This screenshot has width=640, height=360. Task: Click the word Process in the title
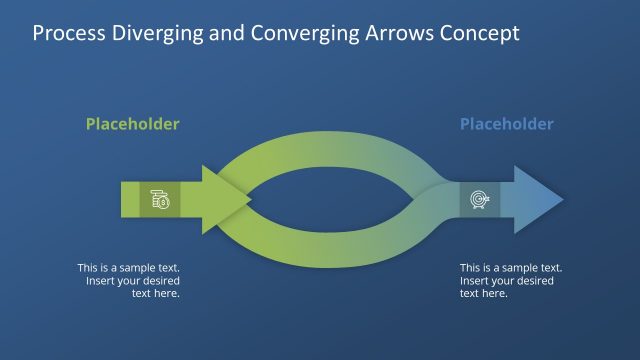[x=69, y=33]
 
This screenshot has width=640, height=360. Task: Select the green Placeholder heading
[x=133, y=125]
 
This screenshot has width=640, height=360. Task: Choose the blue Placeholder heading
[x=506, y=125]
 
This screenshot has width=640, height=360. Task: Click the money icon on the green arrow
[x=160, y=200]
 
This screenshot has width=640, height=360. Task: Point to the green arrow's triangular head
[x=222, y=200]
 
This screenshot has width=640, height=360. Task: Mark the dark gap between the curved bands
[x=330, y=200]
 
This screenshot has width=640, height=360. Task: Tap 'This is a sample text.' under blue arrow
[x=511, y=268]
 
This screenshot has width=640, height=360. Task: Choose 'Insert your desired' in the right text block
[x=506, y=281]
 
